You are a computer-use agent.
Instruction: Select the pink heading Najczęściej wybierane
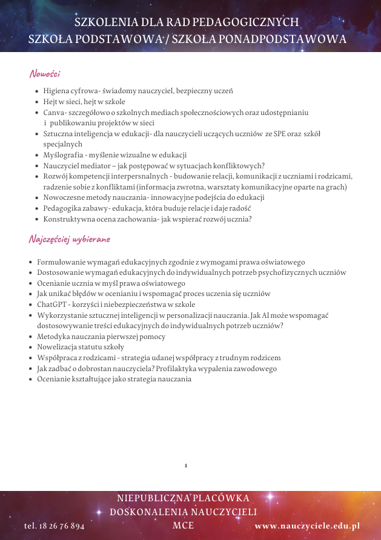(x=70, y=239)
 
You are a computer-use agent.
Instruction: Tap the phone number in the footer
(x=55, y=526)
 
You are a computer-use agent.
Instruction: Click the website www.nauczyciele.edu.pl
(x=308, y=526)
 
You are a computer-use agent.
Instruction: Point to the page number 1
(x=186, y=466)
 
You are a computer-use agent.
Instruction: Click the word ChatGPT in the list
(x=51, y=305)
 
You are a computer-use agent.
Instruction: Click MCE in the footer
(x=184, y=525)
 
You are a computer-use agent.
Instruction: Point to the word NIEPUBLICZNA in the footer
(x=152, y=498)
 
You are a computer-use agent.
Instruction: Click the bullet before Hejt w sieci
(x=38, y=102)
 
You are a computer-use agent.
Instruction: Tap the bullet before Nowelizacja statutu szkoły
(x=31, y=347)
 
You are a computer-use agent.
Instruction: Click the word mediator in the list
(x=99, y=166)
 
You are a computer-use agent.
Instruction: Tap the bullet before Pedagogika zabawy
(x=38, y=209)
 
